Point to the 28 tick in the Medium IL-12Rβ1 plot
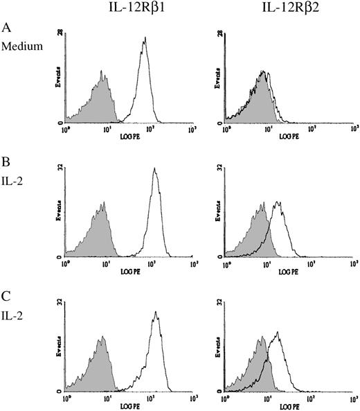[x=60, y=33]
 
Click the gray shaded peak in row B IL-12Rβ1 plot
[x=102, y=204]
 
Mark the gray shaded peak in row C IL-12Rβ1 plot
[x=102, y=338]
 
